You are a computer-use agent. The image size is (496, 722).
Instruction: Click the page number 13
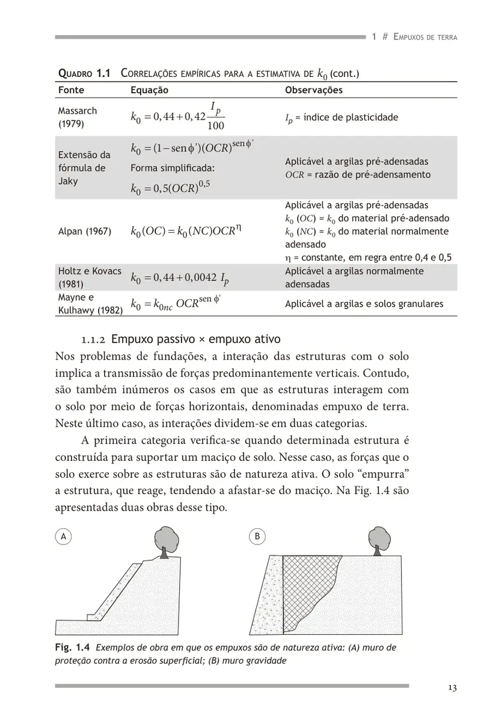(x=452, y=688)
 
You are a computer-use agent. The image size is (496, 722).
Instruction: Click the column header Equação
(x=149, y=90)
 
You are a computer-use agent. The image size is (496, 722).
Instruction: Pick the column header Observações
(x=313, y=90)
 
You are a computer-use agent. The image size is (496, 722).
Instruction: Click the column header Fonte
(x=71, y=90)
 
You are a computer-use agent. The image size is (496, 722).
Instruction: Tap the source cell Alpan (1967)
(x=85, y=231)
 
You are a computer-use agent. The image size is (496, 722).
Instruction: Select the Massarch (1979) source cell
(x=77, y=118)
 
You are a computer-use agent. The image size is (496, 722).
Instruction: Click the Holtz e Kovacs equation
(x=179, y=278)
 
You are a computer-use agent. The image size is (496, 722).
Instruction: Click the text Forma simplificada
(x=173, y=168)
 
